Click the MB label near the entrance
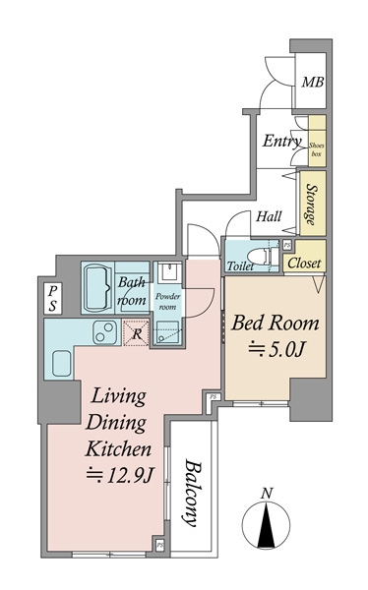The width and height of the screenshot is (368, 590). click(x=313, y=82)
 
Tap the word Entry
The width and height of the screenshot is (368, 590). click(x=282, y=141)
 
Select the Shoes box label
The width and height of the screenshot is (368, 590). click(x=317, y=149)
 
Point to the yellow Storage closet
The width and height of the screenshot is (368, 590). click(x=313, y=204)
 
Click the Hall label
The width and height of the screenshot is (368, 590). click(x=269, y=216)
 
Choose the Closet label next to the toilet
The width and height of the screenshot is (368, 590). click(x=304, y=263)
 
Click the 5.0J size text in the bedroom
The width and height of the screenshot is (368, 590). click(x=276, y=350)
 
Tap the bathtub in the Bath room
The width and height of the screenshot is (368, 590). click(x=98, y=288)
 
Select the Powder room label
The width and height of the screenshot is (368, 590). click(x=167, y=301)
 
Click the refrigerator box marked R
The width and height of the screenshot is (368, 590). click(x=137, y=333)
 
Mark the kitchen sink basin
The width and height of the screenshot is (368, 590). click(x=62, y=363)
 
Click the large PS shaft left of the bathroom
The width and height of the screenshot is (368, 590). click(x=53, y=298)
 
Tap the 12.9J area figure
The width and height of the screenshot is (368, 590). click(x=119, y=476)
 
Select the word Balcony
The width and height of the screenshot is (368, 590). click(x=193, y=494)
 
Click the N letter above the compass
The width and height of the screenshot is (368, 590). click(x=267, y=494)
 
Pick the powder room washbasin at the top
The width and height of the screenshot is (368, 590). click(x=169, y=273)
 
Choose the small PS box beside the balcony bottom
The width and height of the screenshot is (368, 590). click(x=159, y=545)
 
